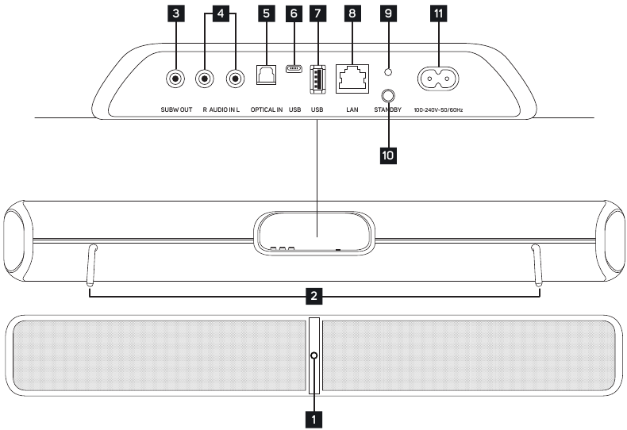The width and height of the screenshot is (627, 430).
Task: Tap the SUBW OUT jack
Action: tap(175, 79)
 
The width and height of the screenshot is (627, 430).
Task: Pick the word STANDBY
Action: tap(389, 109)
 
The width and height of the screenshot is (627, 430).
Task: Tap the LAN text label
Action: tap(351, 109)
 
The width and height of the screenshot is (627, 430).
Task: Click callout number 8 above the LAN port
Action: tap(351, 13)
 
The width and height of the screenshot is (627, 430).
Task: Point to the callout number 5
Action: tap(264, 13)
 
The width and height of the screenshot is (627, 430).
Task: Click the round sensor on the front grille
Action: tap(315, 355)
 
